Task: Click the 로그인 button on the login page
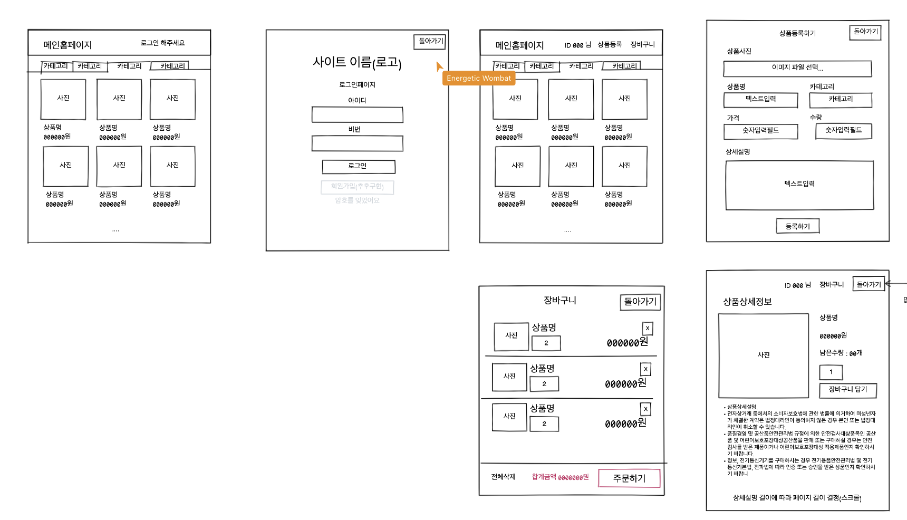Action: tap(359, 167)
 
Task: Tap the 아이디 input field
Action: tap(357, 115)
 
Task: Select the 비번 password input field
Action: tap(357, 143)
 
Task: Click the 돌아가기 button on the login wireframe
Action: tap(430, 41)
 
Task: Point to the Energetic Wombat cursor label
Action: tap(479, 78)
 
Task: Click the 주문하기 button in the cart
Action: tap(629, 478)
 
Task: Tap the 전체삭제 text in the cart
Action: tap(503, 477)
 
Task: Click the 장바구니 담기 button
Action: tap(847, 390)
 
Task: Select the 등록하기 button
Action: tap(797, 226)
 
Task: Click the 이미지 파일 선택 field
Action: tap(797, 68)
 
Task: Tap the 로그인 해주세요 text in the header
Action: tap(162, 43)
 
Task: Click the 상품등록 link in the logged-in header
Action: tap(610, 45)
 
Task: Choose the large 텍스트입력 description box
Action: tap(799, 185)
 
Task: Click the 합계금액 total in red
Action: tap(560, 477)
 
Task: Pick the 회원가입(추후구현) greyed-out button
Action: tap(357, 187)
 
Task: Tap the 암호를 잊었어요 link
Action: tap(357, 200)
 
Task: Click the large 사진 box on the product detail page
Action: tap(763, 355)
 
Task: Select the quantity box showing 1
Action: tap(831, 372)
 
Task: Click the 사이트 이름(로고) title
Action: tap(357, 63)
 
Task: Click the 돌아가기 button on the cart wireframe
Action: tap(640, 302)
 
